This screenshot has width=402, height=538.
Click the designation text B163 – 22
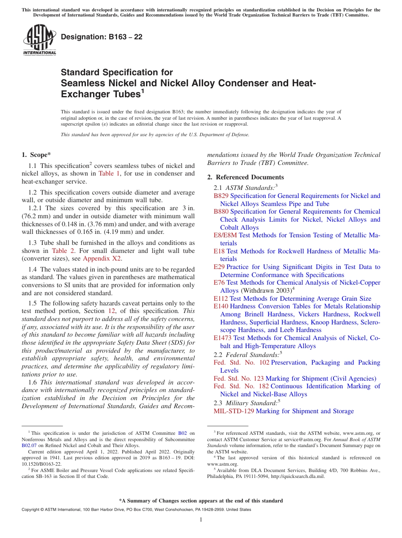pos(102,37)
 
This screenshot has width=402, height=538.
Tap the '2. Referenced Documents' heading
pos(245,177)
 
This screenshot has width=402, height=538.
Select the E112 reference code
pos(221,299)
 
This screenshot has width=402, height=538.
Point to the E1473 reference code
pos(223,338)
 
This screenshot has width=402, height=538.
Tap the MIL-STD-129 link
pos(234,411)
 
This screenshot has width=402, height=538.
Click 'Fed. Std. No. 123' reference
pos(239,379)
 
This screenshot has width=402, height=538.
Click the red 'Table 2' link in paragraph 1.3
pos(62,251)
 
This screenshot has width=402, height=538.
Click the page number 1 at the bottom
pos(201,519)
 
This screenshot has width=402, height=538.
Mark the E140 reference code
pos(221,306)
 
